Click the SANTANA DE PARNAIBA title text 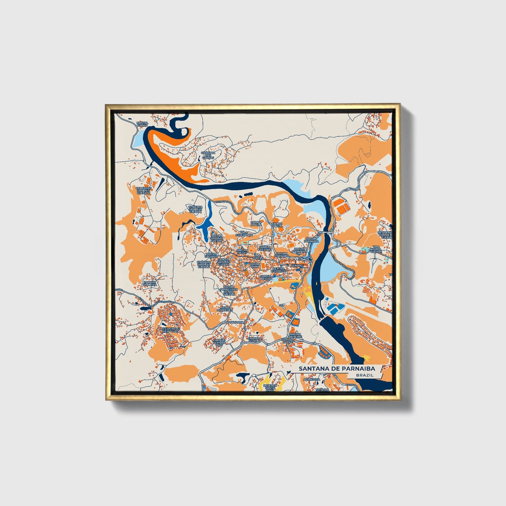click(337, 369)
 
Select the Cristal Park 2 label click(143, 124)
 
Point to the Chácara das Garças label click(207, 155)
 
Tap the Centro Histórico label click(279, 270)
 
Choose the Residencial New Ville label click(170, 331)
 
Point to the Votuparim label click(235, 322)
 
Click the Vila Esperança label click(244, 234)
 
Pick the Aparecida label click(312, 379)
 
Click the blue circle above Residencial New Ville click(170, 314)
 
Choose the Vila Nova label click(257, 257)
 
